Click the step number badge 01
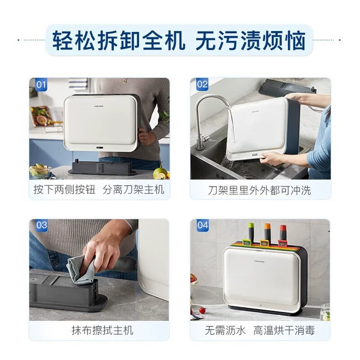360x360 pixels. tap(41, 85)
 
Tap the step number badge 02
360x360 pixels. tap(202, 84)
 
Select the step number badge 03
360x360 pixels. tap(41, 225)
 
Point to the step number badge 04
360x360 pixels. tap(203, 225)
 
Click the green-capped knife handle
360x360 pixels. tap(251, 232)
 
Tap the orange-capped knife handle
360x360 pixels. tap(267, 232)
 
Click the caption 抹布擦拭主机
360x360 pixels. tap(103, 331)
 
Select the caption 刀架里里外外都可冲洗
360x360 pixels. tap(260, 190)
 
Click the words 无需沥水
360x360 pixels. tap(225, 331)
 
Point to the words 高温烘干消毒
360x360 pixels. tap(284, 331)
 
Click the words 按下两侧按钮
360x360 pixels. tap(64, 190)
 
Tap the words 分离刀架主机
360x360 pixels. tap(133, 190)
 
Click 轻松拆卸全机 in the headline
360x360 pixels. tap(119, 41)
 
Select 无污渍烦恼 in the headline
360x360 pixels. tap(250, 41)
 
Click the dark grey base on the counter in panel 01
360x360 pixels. tap(102, 167)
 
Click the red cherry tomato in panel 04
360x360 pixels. tap(202, 310)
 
